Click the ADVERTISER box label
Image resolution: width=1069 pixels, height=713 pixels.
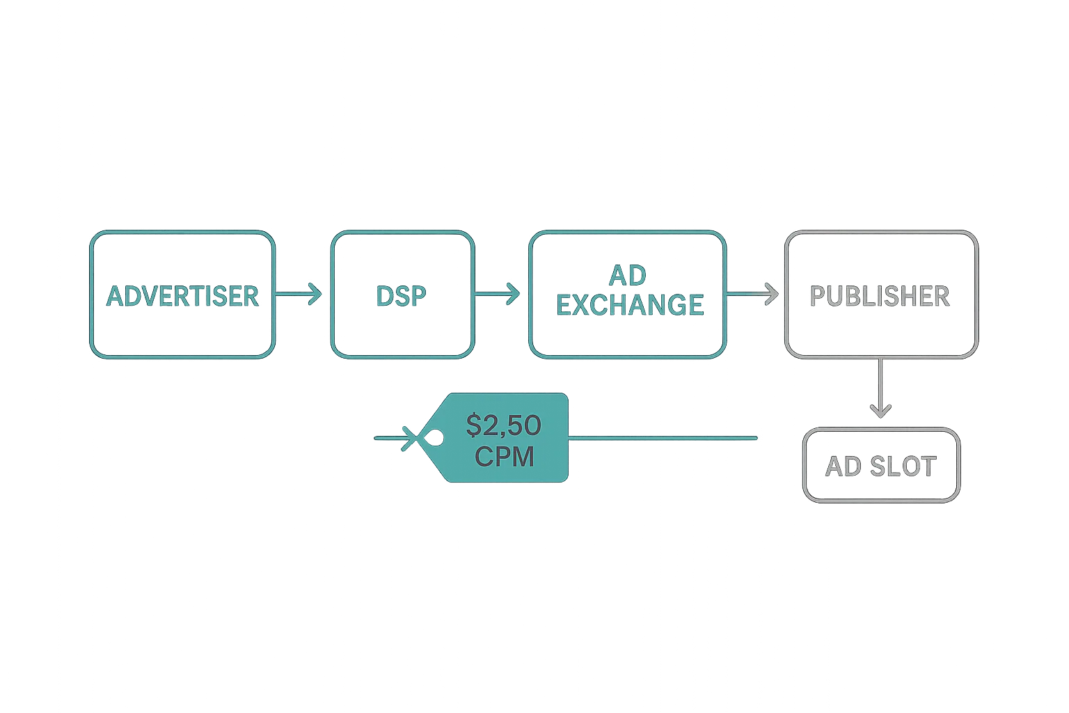tap(182, 296)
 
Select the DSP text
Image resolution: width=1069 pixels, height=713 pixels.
tap(401, 296)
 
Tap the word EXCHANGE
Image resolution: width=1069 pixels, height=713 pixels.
tap(630, 305)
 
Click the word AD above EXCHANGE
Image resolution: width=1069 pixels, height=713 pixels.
tap(627, 276)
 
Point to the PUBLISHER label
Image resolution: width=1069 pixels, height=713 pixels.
tap(880, 296)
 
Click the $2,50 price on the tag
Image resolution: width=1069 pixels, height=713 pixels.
tap(504, 425)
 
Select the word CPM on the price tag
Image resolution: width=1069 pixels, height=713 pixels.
tap(504, 457)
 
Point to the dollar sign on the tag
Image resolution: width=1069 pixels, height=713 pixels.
tap(474, 425)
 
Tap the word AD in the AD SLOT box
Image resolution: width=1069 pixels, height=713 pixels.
tap(843, 467)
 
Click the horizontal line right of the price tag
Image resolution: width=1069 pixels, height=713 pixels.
tap(661, 438)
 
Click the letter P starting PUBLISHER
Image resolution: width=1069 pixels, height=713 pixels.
tap(819, 296)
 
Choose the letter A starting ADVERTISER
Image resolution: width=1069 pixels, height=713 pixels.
tap(116, 296)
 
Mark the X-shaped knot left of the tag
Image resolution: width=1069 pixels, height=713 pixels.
tap(413, 439)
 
